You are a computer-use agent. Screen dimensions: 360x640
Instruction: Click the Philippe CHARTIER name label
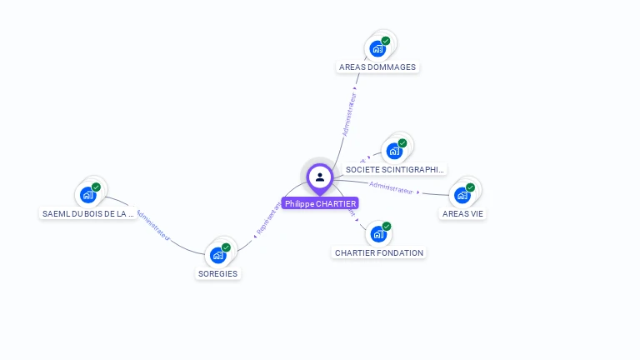(x=320, y=203)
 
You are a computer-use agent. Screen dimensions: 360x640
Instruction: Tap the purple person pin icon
(x=320, y=177)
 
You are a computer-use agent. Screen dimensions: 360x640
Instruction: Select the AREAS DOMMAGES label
(x=377, y=67)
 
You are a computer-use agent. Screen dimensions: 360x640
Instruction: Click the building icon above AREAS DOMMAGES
(x=377, y=48)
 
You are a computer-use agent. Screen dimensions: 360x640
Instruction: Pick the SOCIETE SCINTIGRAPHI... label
(x=395, y=170)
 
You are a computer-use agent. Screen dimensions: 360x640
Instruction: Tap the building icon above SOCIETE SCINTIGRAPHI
(x=394, y=151)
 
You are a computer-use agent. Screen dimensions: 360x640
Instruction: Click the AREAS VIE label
(x=462, y=214)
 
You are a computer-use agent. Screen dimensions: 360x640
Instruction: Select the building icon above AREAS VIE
(x=462, y=195)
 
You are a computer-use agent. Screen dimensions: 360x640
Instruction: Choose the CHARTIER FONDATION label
(x=379, y=253)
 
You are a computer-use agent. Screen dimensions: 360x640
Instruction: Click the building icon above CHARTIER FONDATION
(x=378, y=234)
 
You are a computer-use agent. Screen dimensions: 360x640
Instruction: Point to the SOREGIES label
(x=217, y=274)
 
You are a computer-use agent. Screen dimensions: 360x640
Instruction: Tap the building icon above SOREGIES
(x=217, y=255)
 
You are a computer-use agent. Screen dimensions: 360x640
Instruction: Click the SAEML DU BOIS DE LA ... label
(x=88, y=214)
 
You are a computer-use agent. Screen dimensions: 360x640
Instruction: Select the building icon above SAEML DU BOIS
(x=87, y=195)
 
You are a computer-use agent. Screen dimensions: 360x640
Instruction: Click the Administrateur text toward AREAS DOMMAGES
(x=350, y=114)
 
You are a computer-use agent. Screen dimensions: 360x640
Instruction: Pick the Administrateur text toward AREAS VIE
(x=391, y=187)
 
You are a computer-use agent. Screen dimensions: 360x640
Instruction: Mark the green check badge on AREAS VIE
(x=470, y=187)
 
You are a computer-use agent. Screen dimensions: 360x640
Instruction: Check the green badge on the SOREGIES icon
(x=226, y=247)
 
